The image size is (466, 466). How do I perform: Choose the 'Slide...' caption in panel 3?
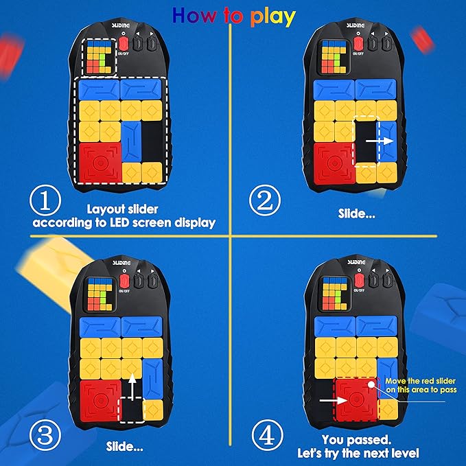[x=126, y=445]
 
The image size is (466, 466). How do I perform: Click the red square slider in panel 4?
[x=356, y=398]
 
